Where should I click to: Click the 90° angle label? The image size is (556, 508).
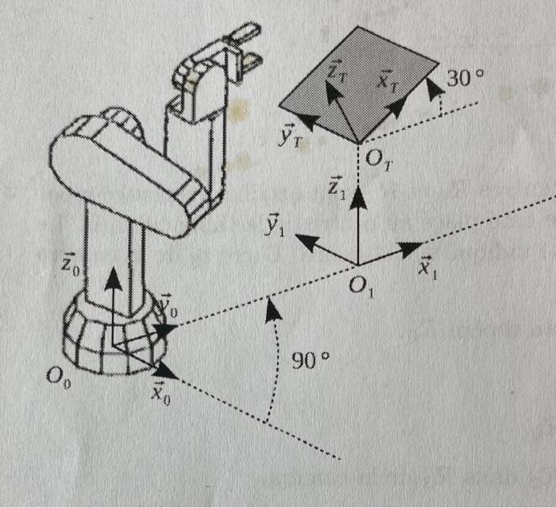coord(311,359)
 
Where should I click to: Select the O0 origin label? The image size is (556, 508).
coord(57,377)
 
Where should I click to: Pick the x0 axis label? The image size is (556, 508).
coord(162,395)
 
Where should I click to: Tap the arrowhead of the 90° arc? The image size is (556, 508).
coord(273,308)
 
